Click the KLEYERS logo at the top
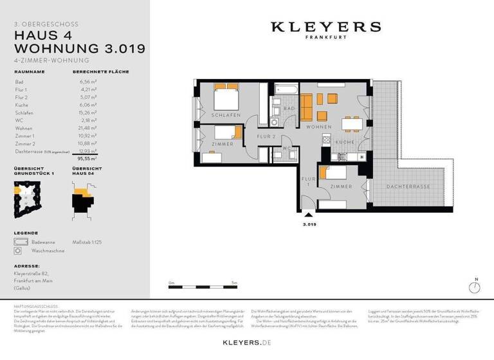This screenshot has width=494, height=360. [x=325, y=27]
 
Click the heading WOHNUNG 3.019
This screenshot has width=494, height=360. [x=80, y=48]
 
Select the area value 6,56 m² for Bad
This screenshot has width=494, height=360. [x=83, y=82]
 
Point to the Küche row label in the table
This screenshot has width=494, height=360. [x=22, y=105]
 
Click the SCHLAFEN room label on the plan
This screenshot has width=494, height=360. [x=225, y=115]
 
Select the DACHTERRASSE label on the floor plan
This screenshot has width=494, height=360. [x=408, y=186]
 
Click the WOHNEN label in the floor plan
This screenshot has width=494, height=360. [x=319, y=127]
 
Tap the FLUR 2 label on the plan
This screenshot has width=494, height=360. [x=266, y=137]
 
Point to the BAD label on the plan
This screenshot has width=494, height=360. [x=289, y=109]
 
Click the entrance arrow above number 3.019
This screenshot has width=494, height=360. [x=310, y=216]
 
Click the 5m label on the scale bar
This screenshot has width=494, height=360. [x=234, y=283]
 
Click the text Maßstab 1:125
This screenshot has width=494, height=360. [x=87, y=242]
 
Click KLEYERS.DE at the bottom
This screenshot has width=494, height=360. [x=246, y=343]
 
